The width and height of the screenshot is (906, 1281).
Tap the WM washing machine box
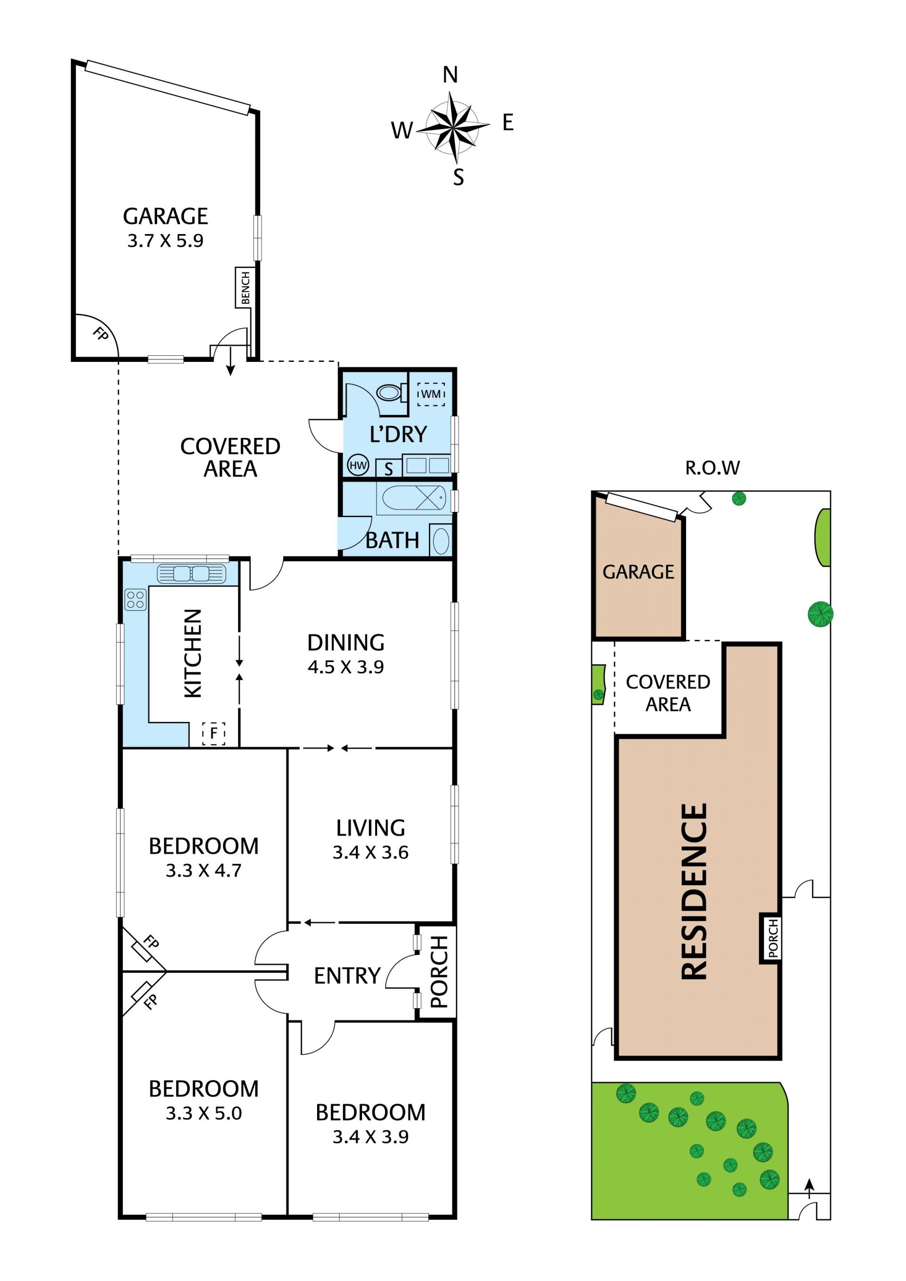(x=431, y=394)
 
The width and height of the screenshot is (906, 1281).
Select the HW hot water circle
(x=358, y=465)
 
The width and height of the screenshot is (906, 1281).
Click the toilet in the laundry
(x=391, y=392)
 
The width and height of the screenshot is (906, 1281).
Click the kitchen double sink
(x=192, y=574)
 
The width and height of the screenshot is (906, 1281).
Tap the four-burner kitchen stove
(x=135, y=600)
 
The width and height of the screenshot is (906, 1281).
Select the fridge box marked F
(x=214, y=734)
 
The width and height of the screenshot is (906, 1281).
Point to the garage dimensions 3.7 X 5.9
(x=165, y=241)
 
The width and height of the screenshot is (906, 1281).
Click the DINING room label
(x=346, y=643)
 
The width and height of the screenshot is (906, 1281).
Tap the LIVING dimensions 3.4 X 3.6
(x=370, y=853)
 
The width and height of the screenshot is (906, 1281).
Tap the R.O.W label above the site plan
(x=713, y=468)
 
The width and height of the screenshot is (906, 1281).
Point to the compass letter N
(x=450, y=75)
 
